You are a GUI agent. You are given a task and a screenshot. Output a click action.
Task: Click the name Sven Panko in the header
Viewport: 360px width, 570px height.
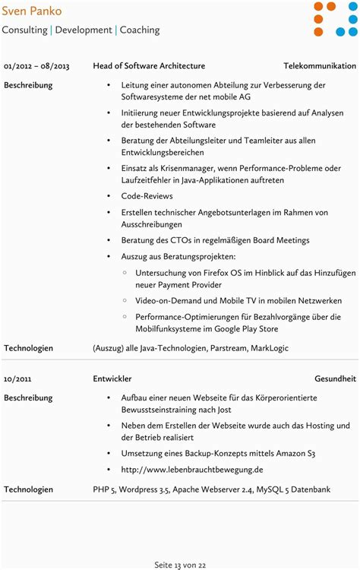point(32,11)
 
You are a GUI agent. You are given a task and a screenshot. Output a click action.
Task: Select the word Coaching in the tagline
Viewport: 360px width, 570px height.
point(140,30)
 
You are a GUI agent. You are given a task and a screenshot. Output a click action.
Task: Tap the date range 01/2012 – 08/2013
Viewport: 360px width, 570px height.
point(36,66)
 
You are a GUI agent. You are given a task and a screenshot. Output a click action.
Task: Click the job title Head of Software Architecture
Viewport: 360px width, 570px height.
point(149,66)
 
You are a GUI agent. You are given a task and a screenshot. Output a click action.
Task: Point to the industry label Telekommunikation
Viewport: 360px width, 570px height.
point(319,66)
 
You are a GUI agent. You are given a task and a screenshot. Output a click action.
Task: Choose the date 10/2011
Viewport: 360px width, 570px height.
point(17,378)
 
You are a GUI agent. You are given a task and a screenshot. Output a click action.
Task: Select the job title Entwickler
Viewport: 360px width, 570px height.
point(112,378)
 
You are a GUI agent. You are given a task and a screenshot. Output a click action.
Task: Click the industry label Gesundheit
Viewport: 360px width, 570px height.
point(335,378)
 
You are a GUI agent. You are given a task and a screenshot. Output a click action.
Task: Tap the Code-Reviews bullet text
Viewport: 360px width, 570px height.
point(147,196)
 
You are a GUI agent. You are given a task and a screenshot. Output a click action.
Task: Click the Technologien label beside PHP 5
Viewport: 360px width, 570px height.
point(29,490)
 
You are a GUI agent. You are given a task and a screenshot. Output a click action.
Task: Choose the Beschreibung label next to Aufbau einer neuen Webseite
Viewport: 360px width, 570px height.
point(28,397)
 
